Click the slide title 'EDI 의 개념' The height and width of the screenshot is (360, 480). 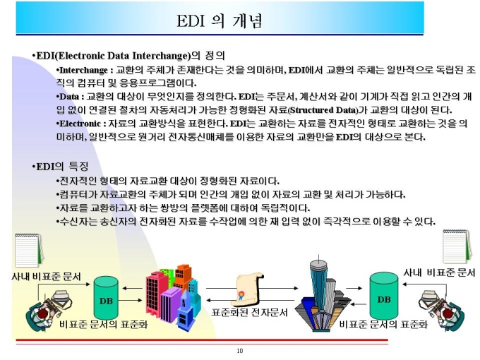220,20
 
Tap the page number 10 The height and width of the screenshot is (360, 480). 240,351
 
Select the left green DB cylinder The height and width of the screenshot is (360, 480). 106,298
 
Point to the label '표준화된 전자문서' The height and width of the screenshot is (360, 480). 249,313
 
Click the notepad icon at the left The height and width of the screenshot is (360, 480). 29,250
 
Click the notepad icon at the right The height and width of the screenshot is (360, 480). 457,246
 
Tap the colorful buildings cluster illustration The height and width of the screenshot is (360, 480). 173,296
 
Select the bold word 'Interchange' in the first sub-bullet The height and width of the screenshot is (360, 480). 83,70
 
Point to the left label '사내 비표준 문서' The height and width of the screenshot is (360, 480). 46,277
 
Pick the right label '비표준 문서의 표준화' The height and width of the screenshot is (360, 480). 383,324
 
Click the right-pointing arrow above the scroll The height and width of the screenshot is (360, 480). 252,288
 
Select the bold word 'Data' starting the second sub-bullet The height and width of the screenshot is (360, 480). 69,97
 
